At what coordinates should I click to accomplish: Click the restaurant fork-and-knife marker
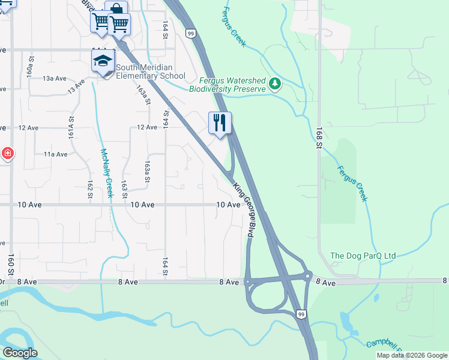220,123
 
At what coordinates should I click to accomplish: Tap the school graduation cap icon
103,61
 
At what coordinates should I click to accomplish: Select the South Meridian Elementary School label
151,72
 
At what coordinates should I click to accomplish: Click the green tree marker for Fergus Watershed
276,83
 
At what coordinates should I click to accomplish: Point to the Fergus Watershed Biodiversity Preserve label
227,85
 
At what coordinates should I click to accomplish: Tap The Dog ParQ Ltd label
363,256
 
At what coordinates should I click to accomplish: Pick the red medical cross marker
7,154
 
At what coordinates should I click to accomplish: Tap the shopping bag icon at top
116,9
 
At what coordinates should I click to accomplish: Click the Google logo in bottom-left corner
20,353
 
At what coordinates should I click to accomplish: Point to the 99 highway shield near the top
190,33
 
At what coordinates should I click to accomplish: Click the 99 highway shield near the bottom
301,314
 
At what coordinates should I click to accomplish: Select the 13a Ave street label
53,79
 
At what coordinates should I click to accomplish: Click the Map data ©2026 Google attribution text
412,355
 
